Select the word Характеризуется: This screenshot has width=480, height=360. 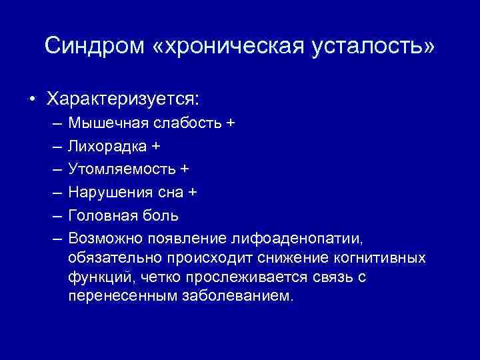coord(123,99)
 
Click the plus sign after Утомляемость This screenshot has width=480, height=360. coord(184,169)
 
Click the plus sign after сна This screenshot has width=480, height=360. coord(193,193)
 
